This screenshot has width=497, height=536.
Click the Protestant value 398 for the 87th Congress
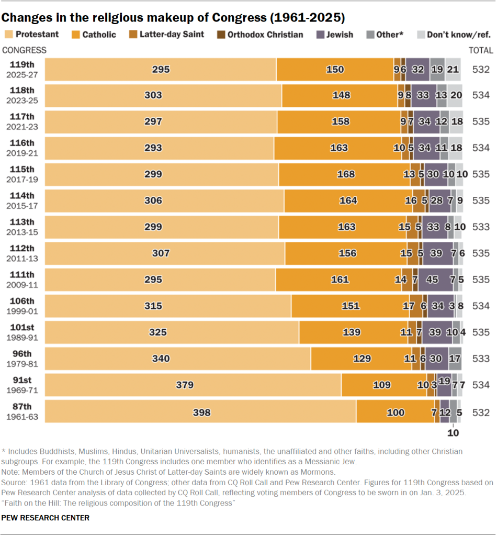201,412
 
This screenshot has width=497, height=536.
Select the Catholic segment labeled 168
346,174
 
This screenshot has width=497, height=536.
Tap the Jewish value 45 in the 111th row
432,280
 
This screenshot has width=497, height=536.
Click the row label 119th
22,64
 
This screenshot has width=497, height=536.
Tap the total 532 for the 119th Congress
481,69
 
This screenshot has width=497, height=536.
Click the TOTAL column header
481,50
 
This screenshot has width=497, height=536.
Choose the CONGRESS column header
25,50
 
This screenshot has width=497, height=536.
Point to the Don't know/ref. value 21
453,69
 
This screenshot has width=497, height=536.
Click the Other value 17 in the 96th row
455,359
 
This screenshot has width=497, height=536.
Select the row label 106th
22,301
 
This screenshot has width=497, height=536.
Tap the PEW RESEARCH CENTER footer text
46,518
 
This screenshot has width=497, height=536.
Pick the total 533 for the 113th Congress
481,227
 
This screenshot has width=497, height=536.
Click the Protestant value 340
161,359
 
